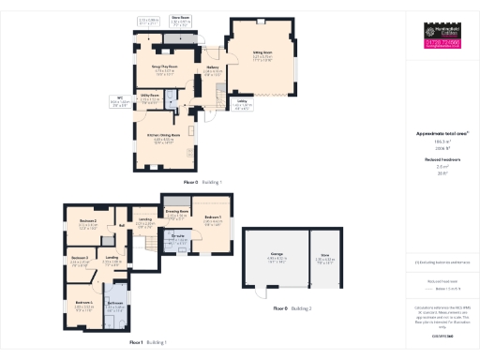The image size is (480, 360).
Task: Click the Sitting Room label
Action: coord(262,53)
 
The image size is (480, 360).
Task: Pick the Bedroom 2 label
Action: coord(88,220)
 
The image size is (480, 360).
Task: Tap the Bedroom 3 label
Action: coord(80,257)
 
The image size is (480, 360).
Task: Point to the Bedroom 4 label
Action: coord(82,303)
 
